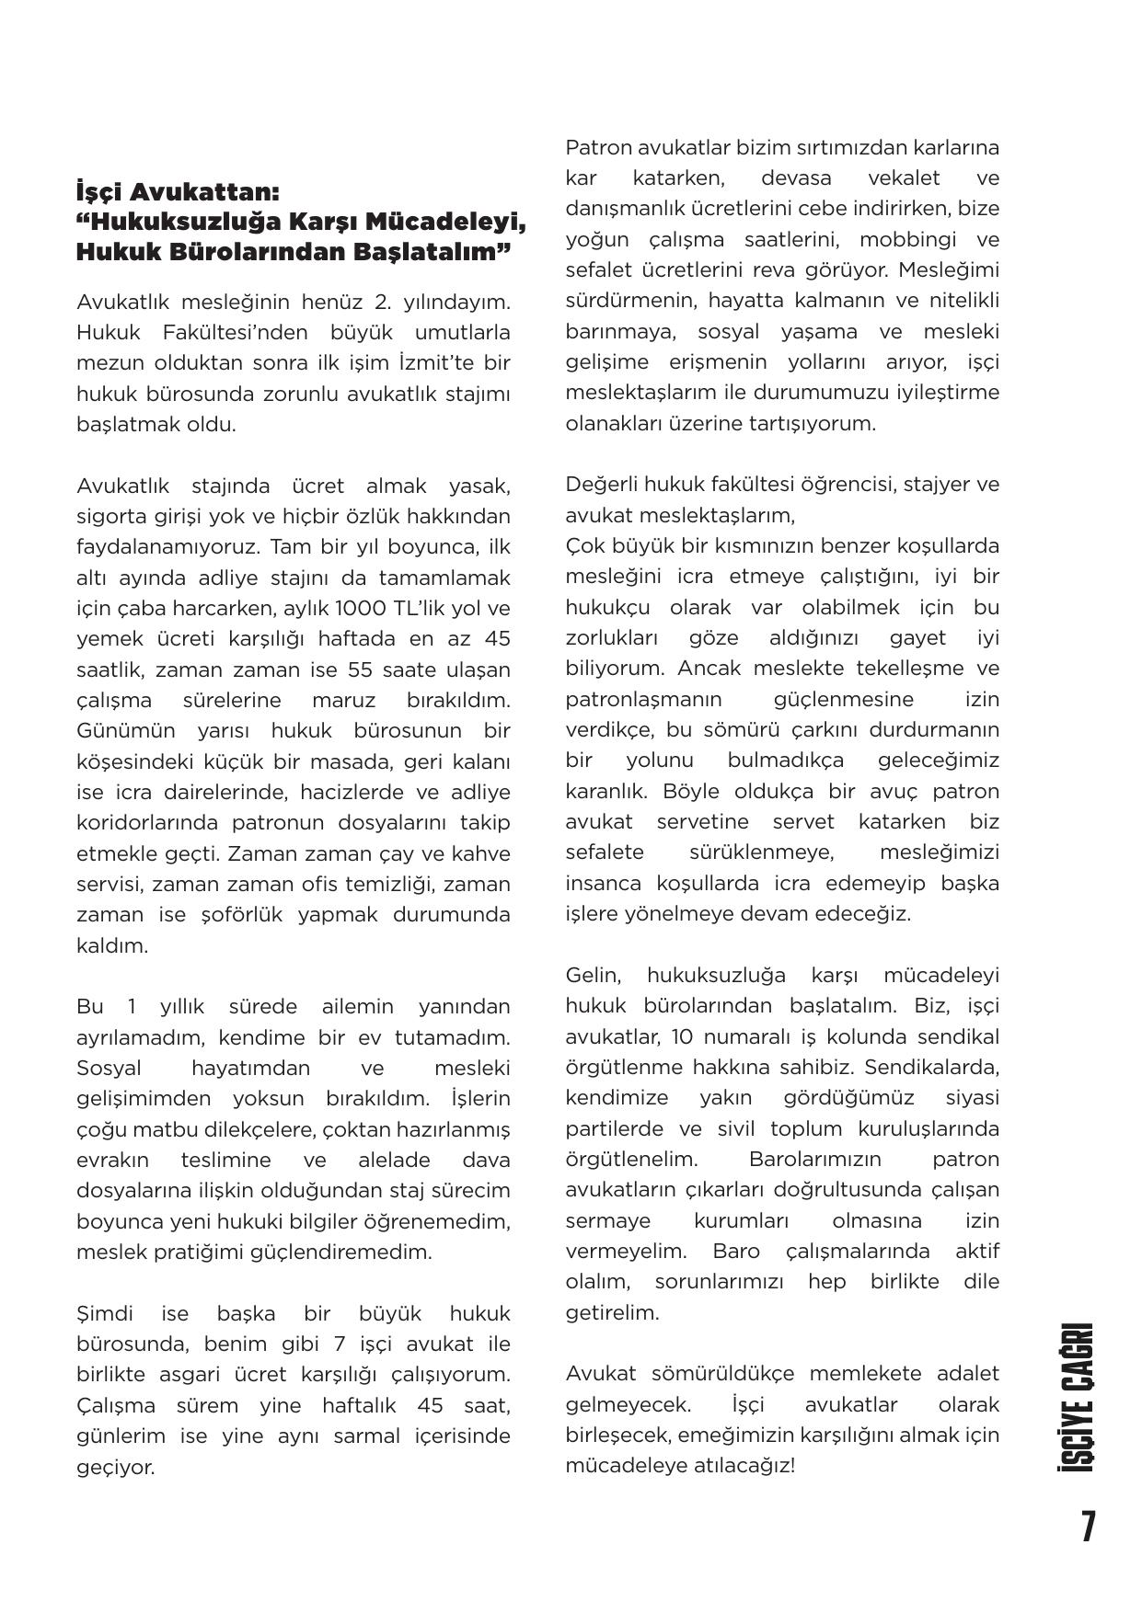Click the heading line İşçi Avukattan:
point(178,193)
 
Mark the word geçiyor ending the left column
point(115,1467)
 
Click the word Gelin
point(594,975)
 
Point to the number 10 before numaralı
point(682,1036)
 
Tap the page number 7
point(1088,1527)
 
